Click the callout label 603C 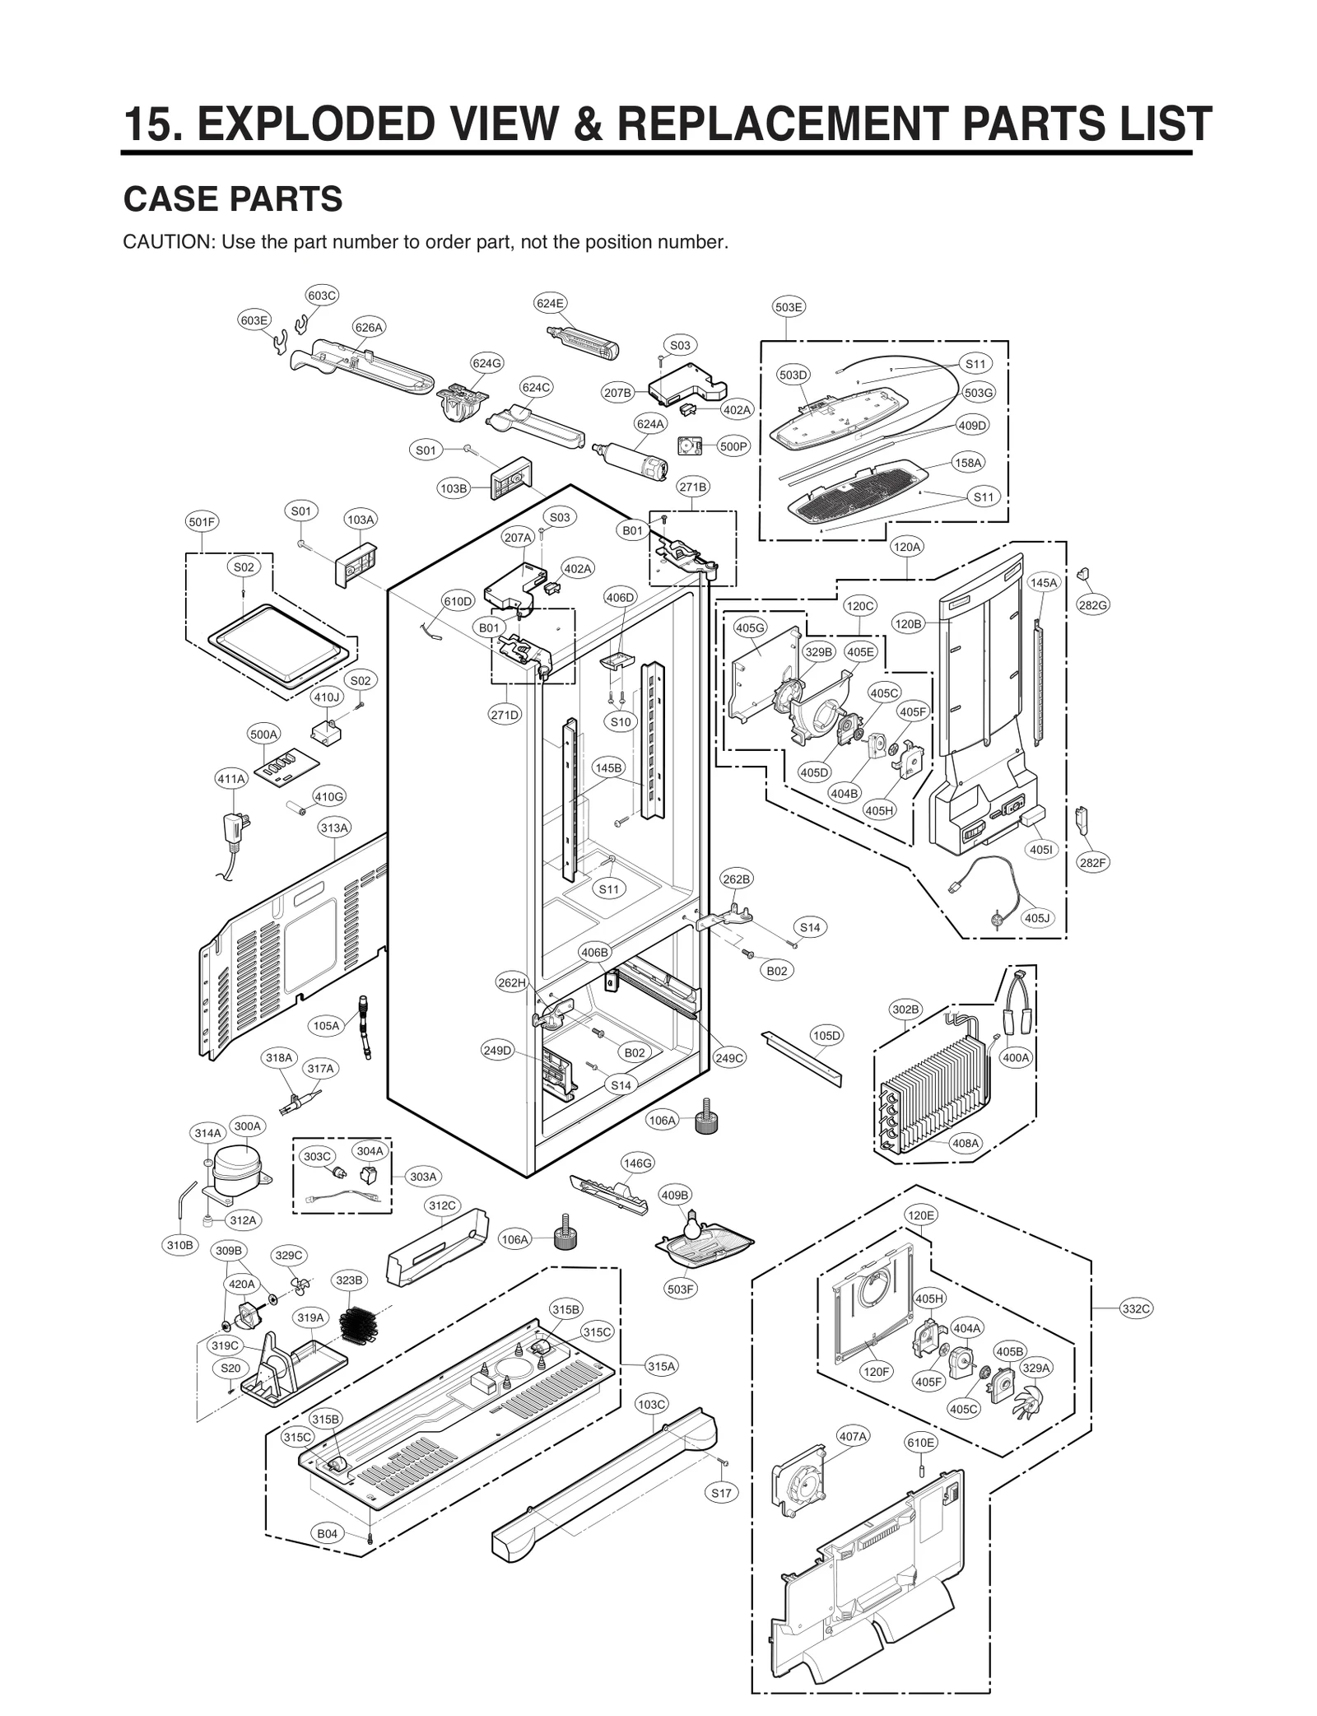point(322,295)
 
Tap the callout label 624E point(550,303)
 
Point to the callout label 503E point(789,307)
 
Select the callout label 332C point(1136,1308)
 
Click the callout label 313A point(334,828)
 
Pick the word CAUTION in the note point(167,242)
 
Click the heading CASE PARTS point(232,199)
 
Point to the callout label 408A point(966,1144)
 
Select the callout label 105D point(826,1035)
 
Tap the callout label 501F point(202,521)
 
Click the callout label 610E point(920,1443)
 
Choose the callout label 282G point(1092,605)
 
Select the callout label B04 point(327,1533)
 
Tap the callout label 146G point(637,1163)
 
